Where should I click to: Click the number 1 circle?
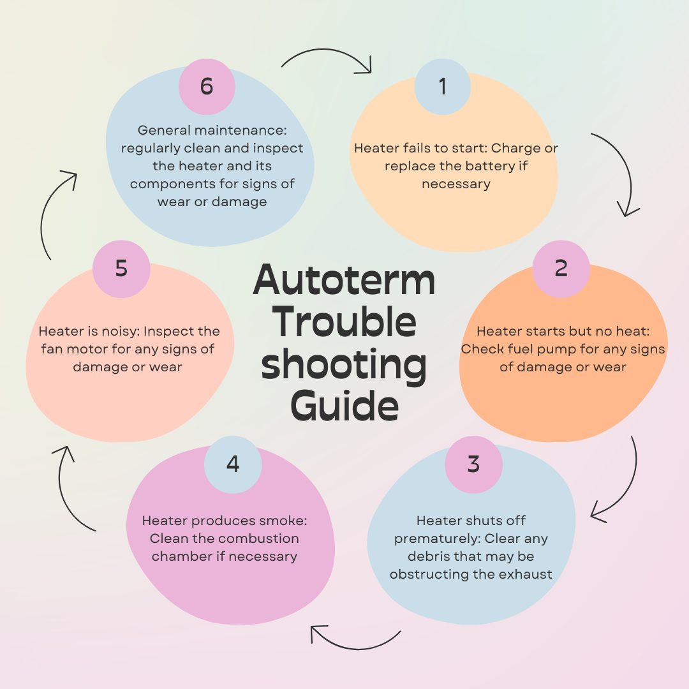[x=443, y=86]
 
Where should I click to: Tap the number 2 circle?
[x=561, y=269]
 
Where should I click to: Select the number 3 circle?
[x=473, y=464]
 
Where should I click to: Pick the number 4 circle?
[x=233, y=464]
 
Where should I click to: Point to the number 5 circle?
[x=121, y=269]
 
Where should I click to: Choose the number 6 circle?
[x=207, y=86]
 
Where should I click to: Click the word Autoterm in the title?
[x=344, y=280]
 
